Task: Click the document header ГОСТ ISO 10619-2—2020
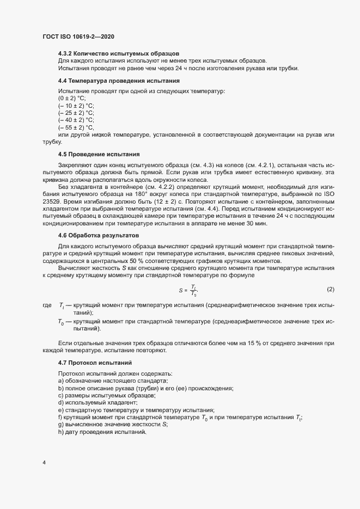pyautogui.click(x=78, y=36)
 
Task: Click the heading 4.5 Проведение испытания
pyautogui.click(x=99, y=154)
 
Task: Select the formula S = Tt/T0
pyautogui.click(x=187, y=291)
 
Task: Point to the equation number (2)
pyautogui.click(x=330, y=288)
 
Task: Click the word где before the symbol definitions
pyautogui.click(x=47, y=306)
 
